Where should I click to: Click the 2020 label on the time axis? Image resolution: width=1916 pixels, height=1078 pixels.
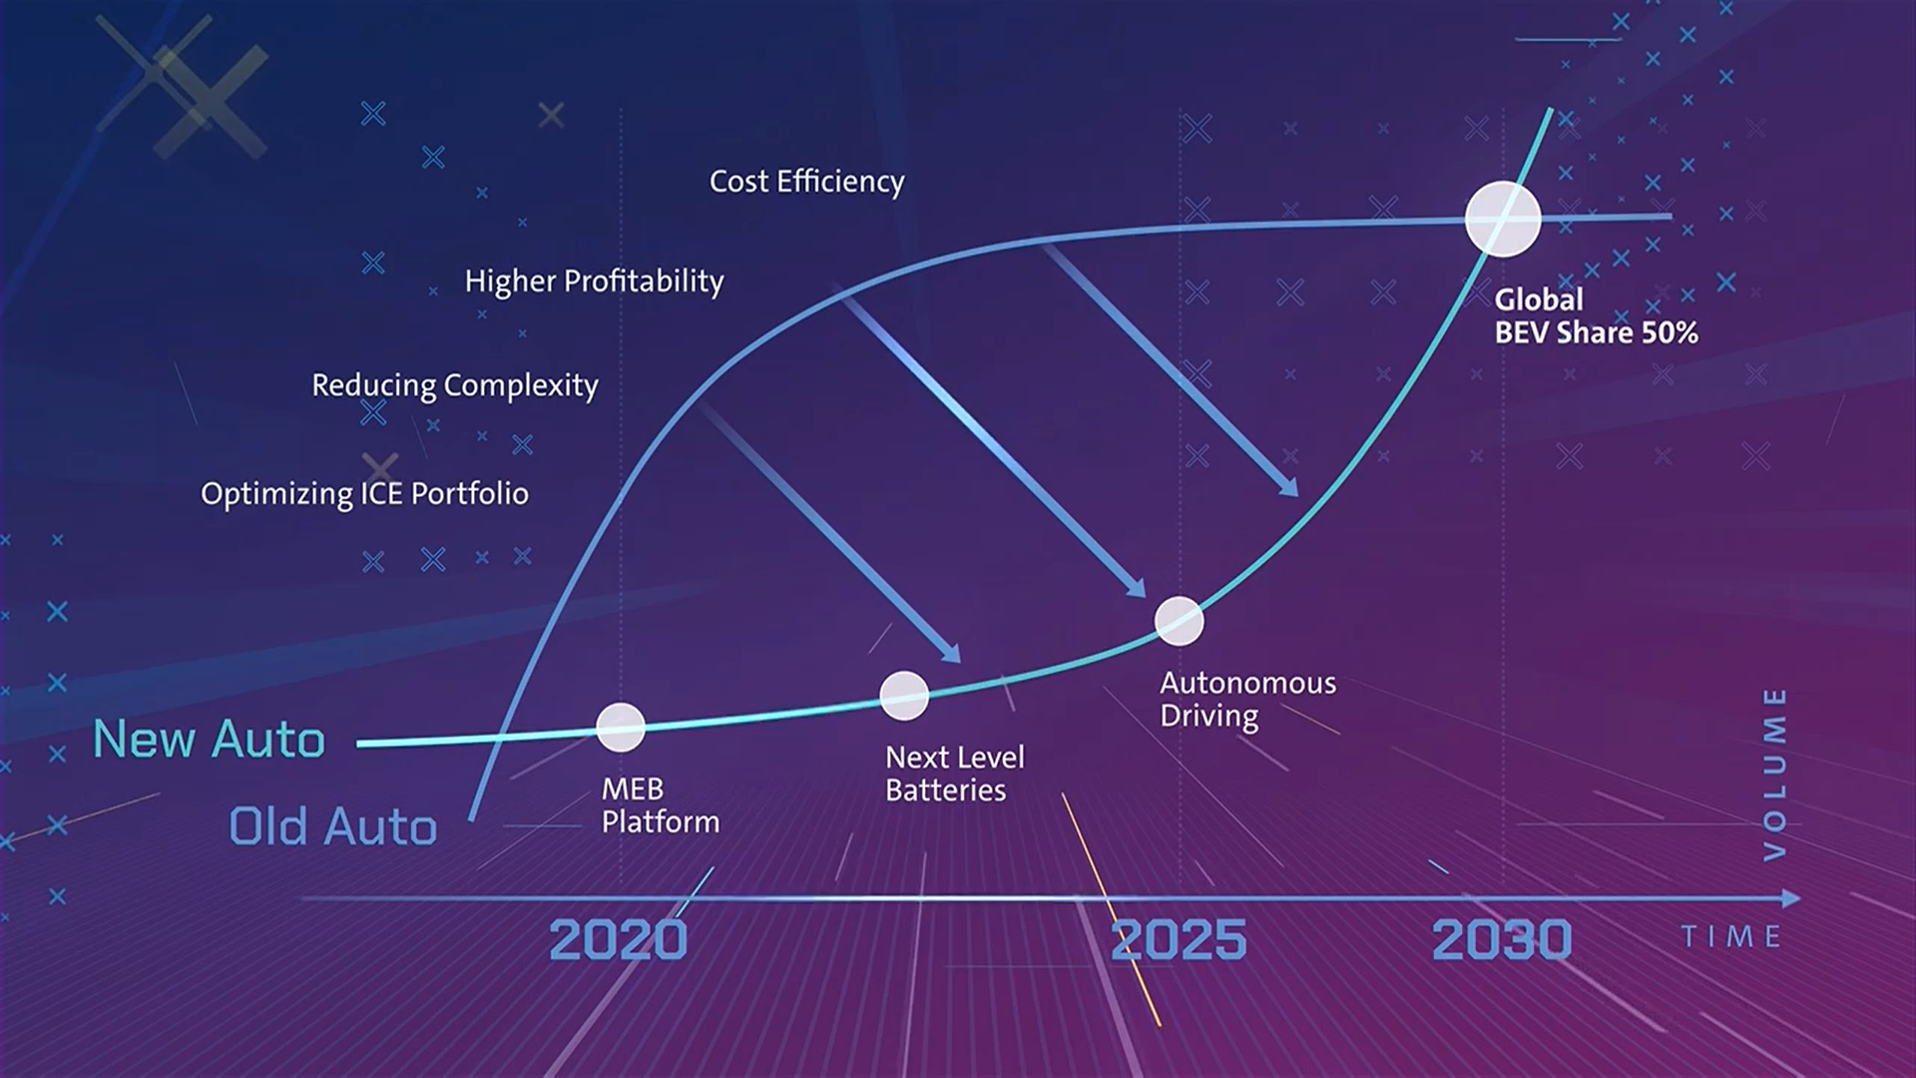point(619,939)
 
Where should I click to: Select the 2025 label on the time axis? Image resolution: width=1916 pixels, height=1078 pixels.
point(1179,939)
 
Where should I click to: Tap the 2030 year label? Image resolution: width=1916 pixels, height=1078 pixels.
point(1502,939)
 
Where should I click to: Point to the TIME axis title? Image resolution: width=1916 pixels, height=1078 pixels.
point(1731,936)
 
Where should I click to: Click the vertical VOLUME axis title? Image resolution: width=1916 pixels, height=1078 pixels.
point(1774,774)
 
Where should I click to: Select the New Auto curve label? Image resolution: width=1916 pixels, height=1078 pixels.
point(210,740)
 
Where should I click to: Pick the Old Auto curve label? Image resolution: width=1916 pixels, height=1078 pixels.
point(333,826)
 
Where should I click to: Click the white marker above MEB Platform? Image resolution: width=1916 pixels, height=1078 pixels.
point(621,727)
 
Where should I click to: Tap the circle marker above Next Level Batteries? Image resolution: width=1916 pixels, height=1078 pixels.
point(904,696)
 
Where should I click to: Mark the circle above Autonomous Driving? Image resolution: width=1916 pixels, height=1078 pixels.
point(1180,621)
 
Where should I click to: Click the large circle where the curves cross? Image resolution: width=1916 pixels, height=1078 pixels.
point(1503,219)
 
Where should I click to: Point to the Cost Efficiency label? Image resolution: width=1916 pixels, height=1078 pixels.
point(807,182)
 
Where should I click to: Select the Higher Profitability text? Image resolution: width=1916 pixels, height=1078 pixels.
point(595,281)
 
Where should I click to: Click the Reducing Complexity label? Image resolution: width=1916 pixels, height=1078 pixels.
point(455,385)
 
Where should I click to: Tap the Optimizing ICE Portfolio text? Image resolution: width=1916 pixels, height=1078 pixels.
point(365,493)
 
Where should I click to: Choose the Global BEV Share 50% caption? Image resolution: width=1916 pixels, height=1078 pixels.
point(1596,315)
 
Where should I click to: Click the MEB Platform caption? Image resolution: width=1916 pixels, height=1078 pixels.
point(661,806)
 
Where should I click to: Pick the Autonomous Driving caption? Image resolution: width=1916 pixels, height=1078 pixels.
point(1247,699)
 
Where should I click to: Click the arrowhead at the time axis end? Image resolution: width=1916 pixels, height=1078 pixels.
point(1790,898)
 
